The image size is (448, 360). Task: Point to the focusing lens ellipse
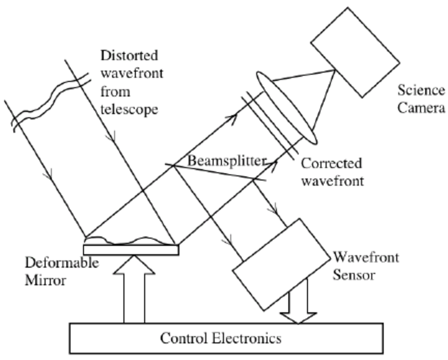click(x=287, y=108)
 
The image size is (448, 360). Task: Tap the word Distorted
click(x=129, y=55)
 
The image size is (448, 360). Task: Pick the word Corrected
click(x=332, y=163)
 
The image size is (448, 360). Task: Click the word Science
click(x=421, y=90)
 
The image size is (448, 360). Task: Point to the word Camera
click(x=421, y=108)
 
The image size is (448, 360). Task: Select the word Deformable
click(x=62, y=263)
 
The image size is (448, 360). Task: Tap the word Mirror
click(x=46, y=280)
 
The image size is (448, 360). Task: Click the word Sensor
click(x=355, y=275)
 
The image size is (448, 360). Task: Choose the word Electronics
click(x=244, y=338)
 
